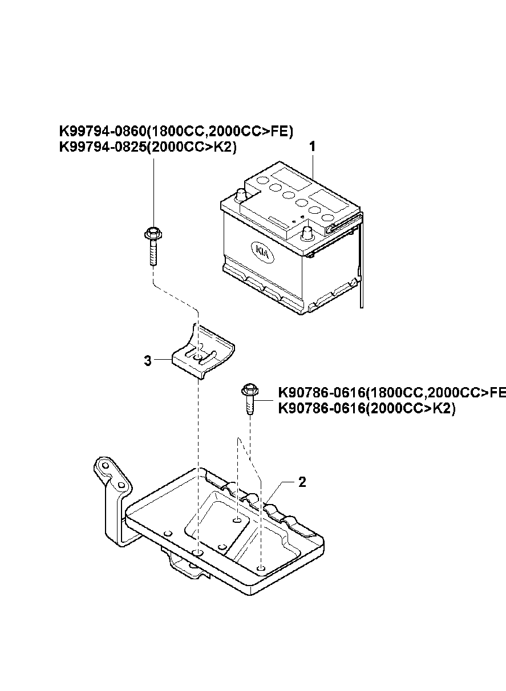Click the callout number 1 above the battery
point(313,146)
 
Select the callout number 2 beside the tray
point(302,482)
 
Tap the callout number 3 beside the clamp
point(148,360)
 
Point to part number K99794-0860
point(103,131)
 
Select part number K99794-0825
point(103,147)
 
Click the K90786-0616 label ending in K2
point(367,409)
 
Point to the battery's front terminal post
point(307,233)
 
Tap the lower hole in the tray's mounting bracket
point(122,485)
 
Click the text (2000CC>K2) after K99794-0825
point(191,147)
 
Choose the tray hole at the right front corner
point(261,567)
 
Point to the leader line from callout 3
point(163,360)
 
